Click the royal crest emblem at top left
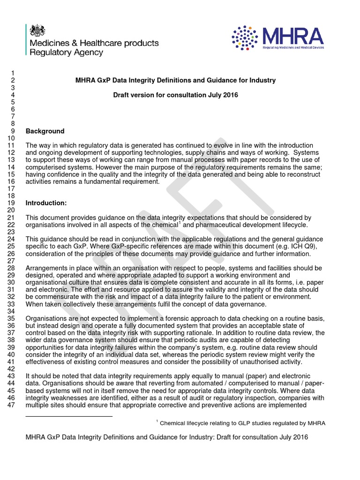click(37, 31)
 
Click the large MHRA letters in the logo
click(292, 37)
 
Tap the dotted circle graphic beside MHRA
click(245, 38)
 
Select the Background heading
click(45, 131)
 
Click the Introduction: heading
click(46, 203)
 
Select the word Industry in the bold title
click(262, 81)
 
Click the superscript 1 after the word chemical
click(180, 223)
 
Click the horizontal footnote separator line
click(69, 416)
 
